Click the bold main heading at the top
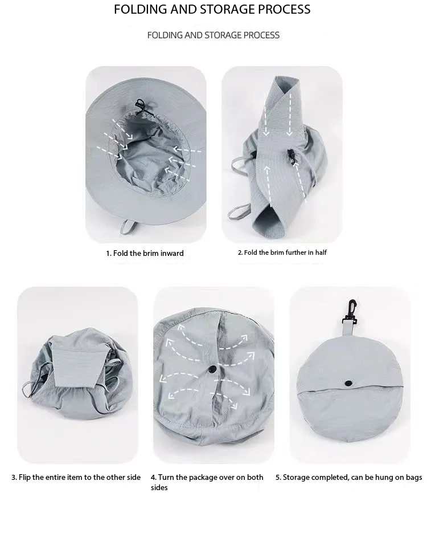212,9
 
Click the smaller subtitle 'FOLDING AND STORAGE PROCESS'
213,35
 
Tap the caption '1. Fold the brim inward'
145,253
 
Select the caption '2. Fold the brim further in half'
282,252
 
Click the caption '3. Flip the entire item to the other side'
76,477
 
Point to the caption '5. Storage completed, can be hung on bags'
348,477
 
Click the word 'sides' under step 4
159,487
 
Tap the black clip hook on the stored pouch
351,311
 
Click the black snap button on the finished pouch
348,384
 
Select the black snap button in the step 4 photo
212,369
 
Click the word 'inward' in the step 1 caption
172,253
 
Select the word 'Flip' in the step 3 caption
24,477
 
